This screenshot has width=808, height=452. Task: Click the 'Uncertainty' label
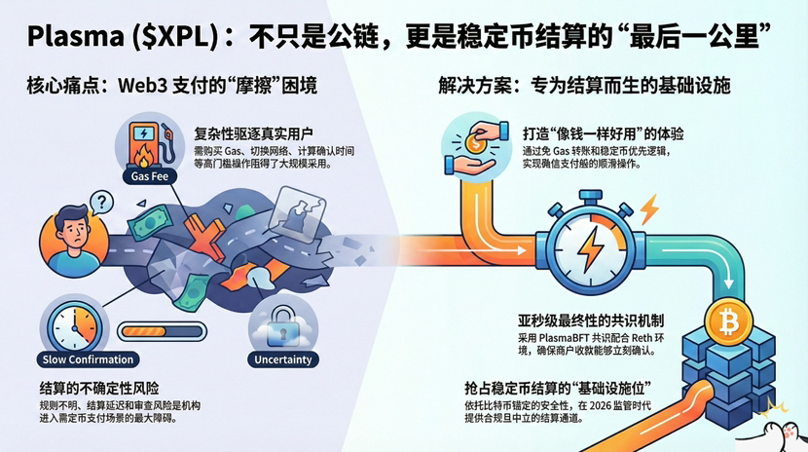tap(284, 359)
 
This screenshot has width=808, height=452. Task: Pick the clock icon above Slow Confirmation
tap(72, 322)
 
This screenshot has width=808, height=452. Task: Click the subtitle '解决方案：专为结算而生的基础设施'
tap(584, 86)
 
